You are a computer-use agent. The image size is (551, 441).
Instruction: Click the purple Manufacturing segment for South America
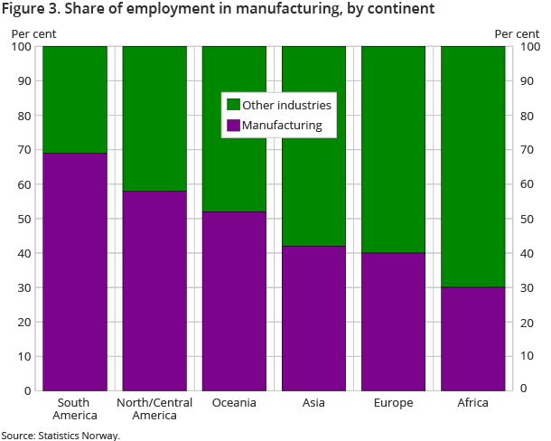coord(75,271)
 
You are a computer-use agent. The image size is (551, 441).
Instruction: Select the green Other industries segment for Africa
coord(472,166)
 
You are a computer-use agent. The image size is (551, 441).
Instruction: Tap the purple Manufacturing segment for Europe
coord(393,321)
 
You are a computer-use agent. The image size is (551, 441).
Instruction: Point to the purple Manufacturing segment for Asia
coord(313,317)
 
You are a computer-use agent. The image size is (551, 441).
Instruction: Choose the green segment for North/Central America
coord(154,117)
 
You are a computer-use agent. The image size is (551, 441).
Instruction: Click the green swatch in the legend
coord(232,105)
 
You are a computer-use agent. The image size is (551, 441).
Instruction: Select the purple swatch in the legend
coord(232,125)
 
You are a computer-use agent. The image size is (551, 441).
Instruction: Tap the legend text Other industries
coord(286,105)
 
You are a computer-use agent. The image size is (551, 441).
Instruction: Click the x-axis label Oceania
coord(234,402)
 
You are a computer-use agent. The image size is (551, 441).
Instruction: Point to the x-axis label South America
coord(75,408)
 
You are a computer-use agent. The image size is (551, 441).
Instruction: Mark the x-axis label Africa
coord(472,402)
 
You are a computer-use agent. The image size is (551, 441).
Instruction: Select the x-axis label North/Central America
coord(154,408)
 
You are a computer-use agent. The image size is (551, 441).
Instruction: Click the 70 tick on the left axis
coord(25,150)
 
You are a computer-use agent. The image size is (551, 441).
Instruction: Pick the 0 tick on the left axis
coord(28,390)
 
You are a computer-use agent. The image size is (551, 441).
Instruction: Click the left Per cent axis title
coord(33,34)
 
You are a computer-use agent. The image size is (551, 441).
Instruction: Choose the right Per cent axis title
coord(517,34)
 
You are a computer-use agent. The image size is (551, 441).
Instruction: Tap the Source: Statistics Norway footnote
coord(61,435)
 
